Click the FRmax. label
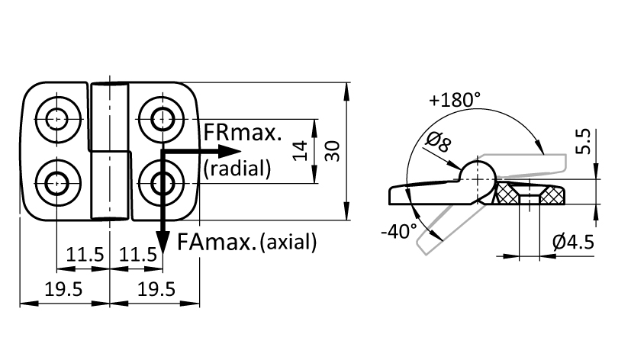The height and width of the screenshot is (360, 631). tap(243, 132)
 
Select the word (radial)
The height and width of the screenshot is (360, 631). tap(237, 168)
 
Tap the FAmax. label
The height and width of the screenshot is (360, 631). tap(216, 242)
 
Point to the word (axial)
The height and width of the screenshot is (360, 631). tap(288, 242)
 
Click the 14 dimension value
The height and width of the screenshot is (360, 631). tap(300, 151)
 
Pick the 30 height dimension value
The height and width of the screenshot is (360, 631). tap(333, 151)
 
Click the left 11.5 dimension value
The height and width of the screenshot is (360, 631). tap(85, 255)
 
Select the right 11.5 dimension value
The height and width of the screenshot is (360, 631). tap(138, 255)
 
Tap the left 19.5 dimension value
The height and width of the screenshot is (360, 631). tap(63, 289)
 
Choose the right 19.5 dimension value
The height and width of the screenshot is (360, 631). tap(156, 289)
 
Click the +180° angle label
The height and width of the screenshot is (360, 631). tap(455, 100)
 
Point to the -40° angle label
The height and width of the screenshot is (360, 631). tap(398, 231)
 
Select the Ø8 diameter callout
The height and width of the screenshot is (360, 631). tap(438, 142)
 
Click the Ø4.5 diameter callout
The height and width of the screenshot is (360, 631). tap(574, 242)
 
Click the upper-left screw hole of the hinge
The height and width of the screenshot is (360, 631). tap(57, 119)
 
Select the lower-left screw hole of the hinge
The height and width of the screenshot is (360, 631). tap(57, 183)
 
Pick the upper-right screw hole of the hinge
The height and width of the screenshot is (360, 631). tap(163, 119)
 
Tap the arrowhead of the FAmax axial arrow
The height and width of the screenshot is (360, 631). tap(163, 242)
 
